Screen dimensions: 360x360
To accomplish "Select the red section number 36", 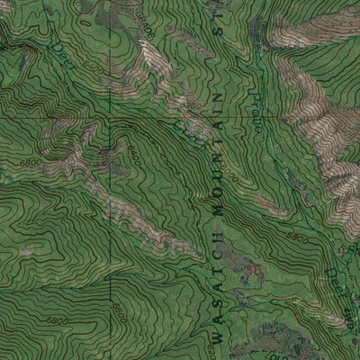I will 253,269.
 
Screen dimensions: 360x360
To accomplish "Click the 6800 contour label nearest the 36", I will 300,241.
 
